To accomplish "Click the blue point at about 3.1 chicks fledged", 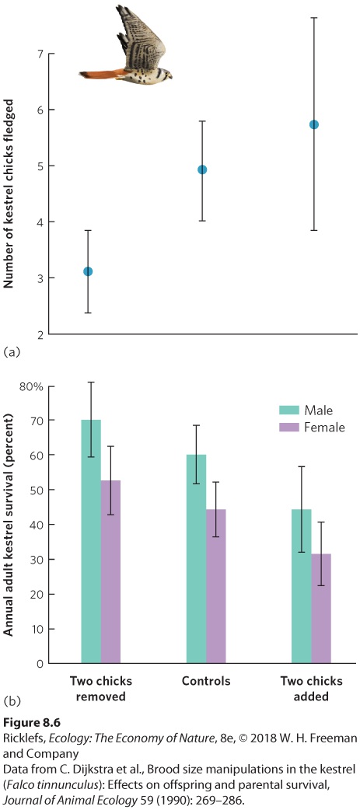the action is (88, 271).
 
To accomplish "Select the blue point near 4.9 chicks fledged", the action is (202, 169).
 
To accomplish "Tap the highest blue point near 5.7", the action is (313, 124).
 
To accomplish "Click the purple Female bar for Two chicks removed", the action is (110, 572).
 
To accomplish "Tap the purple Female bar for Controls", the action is (216, 586).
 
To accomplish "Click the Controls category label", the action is (206, 680).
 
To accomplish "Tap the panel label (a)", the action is (12, 352).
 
